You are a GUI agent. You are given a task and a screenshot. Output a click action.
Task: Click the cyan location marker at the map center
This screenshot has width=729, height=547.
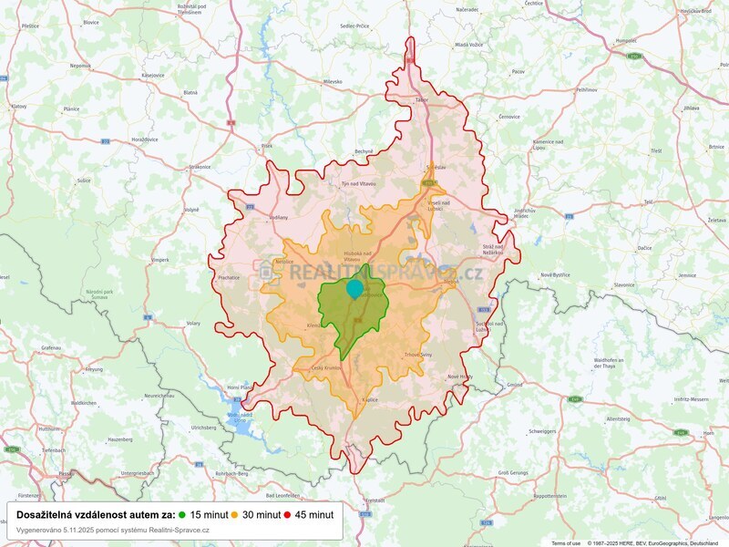(x=354, y=289)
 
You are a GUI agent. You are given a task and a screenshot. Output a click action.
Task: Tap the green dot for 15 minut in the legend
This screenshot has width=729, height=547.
(x=182, y=515)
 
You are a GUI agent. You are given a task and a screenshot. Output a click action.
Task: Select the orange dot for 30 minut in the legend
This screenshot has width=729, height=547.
(x=234, y=515)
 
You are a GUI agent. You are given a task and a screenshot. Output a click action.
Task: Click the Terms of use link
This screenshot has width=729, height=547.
(x=565, y=542)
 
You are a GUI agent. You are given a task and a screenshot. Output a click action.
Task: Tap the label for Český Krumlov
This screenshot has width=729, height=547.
(x=325, y=367)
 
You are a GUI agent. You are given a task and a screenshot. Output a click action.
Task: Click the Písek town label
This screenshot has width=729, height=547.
(x=267, y=145)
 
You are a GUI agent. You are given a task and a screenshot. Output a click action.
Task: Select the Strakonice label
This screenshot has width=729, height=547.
(x=200, y=167)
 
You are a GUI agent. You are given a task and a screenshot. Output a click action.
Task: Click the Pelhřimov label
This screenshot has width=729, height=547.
(x=586, y=90)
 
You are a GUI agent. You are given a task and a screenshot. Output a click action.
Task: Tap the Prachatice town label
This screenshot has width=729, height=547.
(x=229, y=276)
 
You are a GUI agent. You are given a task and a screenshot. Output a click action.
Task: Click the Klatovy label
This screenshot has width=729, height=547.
(x=19, y=106)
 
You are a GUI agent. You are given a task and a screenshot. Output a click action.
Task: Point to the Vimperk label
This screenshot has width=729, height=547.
(x=160, y=260)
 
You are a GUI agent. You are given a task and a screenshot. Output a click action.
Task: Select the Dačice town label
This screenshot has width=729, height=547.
(x=644, y=248)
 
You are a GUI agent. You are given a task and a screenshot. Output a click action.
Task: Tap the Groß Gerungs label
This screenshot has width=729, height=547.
(x=515, y=473)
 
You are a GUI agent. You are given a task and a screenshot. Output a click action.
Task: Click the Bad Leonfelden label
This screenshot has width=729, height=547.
(x=282, y=495)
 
